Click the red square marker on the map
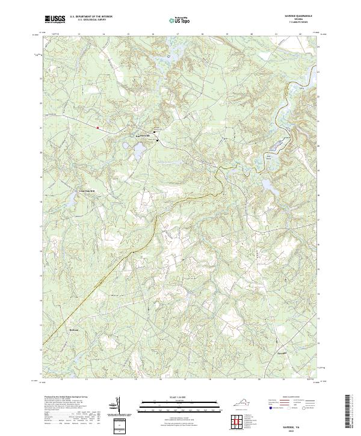tap(97, 127)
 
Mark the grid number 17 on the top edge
tap(179, 34)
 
